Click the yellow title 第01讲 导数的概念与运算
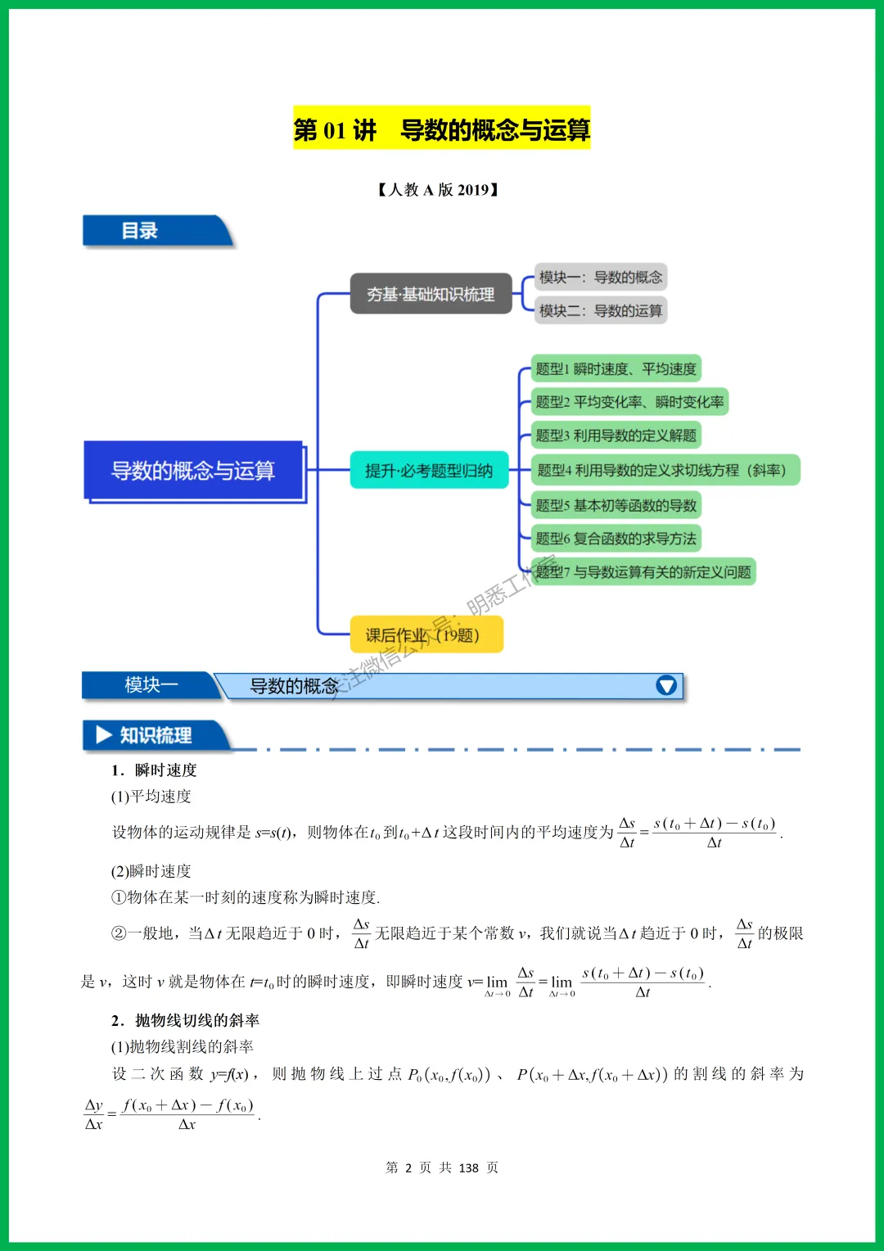pos(441,129)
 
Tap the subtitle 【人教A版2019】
pos(438,190)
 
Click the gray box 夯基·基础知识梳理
pos(431,294)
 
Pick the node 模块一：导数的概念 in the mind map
pos(600,278)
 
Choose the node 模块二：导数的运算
pos(600,310)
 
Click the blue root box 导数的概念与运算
pos(193,471)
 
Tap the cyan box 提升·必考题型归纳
pos(429,471)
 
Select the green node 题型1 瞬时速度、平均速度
pos(616,369)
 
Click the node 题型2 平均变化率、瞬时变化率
pos(629,402)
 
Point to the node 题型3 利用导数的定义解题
pos(616,436)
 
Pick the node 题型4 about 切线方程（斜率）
pos(664,470)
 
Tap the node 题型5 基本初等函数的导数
pos(616,505)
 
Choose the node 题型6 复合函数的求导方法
pos(616,538)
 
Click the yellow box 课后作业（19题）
pos(426,635)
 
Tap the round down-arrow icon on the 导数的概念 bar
pos(666,685)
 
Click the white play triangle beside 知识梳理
pos(104,734)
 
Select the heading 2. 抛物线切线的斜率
pos(186,1020)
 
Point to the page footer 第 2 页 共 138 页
pos(442,1167)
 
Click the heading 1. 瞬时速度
pos(155,770)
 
